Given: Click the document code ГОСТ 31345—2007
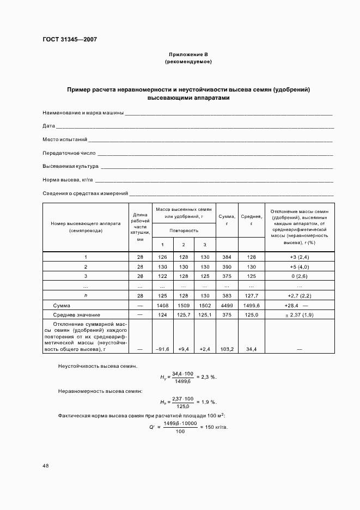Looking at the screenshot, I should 70,39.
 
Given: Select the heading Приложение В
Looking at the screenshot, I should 188,55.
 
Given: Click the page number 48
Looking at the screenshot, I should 46,466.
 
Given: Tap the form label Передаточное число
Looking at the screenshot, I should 69,153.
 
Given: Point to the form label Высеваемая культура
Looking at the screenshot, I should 70,166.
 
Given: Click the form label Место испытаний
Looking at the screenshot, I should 65,140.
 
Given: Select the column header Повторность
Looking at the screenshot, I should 184,230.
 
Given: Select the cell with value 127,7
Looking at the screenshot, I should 251,295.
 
